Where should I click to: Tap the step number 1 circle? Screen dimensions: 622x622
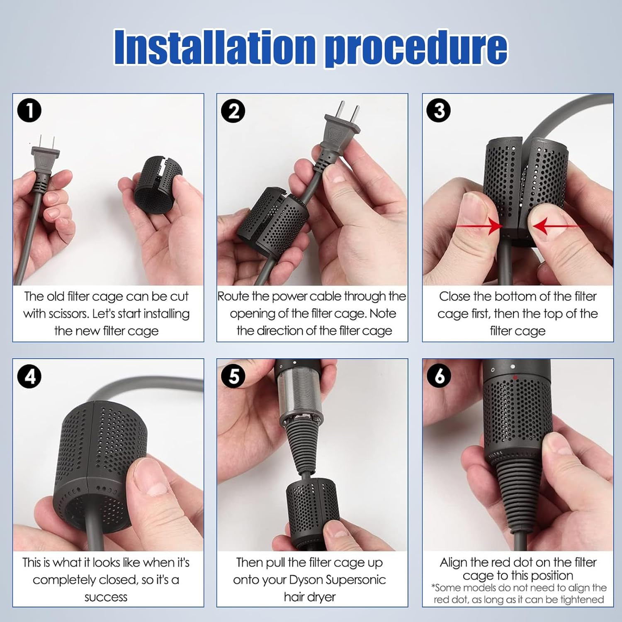pos(29,111)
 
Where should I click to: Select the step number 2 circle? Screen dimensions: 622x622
pos(233,111)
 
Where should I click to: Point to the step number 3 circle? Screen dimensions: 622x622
pos(439,111)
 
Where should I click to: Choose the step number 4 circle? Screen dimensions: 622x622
pos(29,376)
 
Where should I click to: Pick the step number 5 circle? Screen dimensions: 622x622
pos(233,376)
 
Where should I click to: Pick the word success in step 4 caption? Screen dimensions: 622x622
pos(106,597)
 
